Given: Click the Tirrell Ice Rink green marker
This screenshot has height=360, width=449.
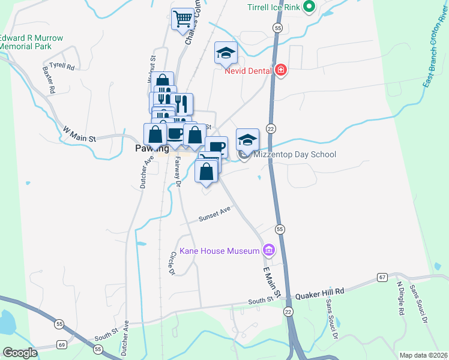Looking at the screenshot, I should point(309,8).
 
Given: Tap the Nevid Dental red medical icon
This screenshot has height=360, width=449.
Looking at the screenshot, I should point(280,71).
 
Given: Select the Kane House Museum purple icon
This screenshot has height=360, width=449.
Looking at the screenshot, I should point(268,250).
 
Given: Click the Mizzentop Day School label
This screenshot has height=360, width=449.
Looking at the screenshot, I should point(294,154).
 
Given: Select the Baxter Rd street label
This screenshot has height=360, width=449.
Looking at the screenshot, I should point(49,80).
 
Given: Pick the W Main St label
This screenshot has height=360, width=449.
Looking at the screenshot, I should point(79,134).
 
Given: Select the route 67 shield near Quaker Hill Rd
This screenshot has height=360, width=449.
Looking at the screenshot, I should point(382,277).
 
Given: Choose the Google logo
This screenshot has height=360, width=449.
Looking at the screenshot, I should point(20,352).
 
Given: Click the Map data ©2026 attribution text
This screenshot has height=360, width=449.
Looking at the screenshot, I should point(423,355).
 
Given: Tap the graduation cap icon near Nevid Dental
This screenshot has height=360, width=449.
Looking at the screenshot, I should point(226,53).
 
